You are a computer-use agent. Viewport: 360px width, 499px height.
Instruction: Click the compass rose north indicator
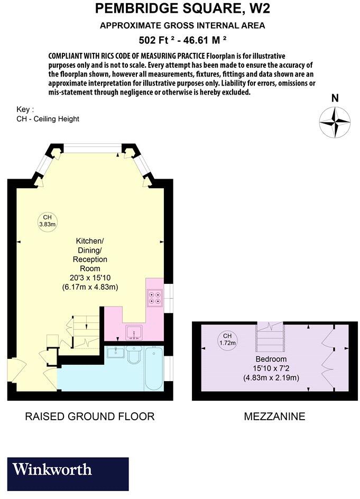click(335, 122)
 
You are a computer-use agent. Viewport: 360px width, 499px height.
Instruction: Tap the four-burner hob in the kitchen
click(155, 299)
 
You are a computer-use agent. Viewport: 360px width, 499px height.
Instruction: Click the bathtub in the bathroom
click(153, 368)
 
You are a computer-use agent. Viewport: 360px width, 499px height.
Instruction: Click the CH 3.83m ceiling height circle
click(47, 221)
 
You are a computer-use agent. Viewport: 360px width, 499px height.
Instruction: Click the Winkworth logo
click(53, 469)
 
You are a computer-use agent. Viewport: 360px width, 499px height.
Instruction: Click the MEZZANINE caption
click(274, 417)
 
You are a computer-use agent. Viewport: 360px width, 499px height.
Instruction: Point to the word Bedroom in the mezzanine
click(271, 359)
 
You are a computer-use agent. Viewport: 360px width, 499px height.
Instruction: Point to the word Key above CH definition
click(25, 109)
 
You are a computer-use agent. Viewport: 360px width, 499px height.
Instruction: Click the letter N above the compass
click(335, 98)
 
